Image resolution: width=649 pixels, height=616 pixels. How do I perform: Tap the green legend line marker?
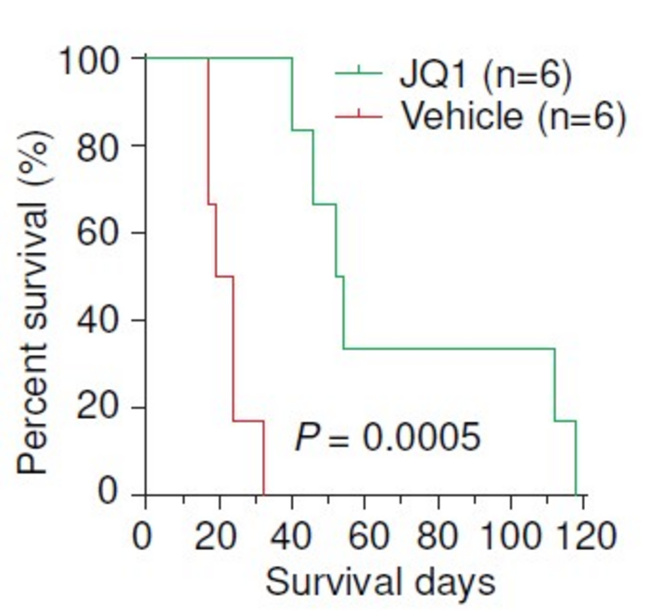(x=358, y=72)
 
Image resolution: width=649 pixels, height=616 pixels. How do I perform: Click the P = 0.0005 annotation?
(x=388, y=436)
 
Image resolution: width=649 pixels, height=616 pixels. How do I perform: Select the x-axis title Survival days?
(x=379, y=582)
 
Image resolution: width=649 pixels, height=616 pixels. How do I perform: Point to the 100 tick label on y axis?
(x=91, y=60)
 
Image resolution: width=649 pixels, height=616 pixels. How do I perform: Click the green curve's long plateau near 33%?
(x=450, y=348)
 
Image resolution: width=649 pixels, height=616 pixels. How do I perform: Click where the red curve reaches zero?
(x=263, y=494)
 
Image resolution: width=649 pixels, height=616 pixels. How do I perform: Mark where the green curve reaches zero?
(x=576, y=494)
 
